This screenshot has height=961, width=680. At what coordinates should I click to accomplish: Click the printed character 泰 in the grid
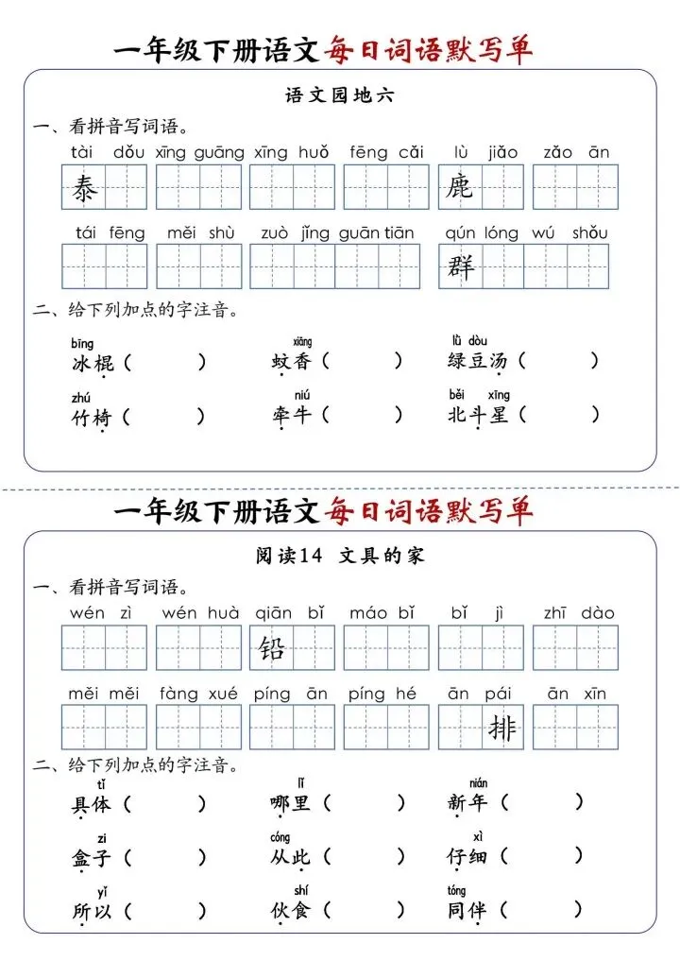[x=84, y=190]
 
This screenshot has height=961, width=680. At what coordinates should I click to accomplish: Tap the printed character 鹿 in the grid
[x=460, y=189]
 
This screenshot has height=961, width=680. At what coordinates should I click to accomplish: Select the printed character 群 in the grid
[x=460, y=268]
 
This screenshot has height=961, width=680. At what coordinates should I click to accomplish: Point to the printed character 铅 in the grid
[x=272, y=649]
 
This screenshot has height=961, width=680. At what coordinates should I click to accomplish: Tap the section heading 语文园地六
[x=339, y=95]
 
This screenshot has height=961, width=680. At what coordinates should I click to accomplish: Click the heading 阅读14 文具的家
[x=340, y=556]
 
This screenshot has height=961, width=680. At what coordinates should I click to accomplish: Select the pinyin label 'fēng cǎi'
[x=386, y=152]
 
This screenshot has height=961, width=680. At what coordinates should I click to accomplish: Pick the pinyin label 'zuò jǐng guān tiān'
[x=337, y=232]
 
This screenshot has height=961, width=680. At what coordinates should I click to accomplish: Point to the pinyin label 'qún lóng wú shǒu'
[x=527, y=232]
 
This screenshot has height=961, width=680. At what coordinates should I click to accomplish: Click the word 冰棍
[x=93, y=362]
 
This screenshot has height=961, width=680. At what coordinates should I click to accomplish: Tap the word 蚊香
[x=290, y=361]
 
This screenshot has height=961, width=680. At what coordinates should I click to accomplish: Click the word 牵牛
[x=290, y=415]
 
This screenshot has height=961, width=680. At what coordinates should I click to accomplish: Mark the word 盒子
[x=93, y=858]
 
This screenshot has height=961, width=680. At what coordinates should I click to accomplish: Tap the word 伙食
[x=290, y=911]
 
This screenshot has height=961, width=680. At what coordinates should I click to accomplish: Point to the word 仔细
[x=467, y=857]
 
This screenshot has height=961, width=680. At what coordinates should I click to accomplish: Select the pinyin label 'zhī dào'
[x=578, y=613]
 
